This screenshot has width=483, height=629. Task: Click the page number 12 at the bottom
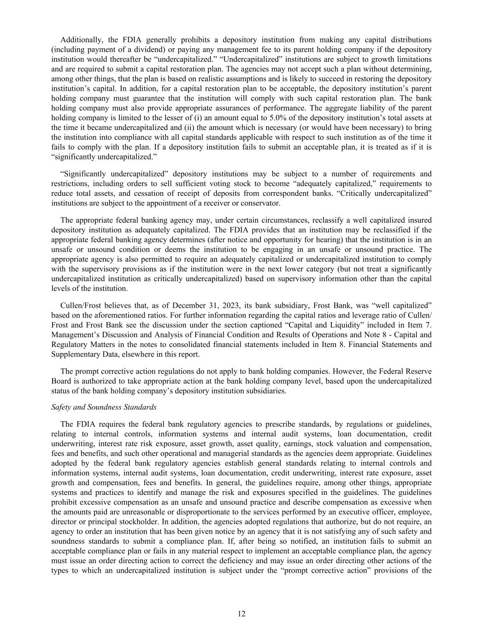point(241,613)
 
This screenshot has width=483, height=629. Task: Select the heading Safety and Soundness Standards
point(104,407)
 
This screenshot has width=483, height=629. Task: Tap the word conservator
point(262,203)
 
